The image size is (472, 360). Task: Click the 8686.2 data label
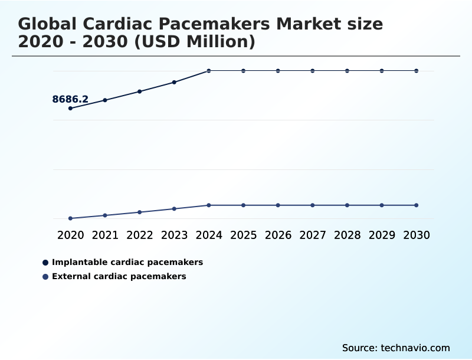point(70,99)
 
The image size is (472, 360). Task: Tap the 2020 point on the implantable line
point(70,109)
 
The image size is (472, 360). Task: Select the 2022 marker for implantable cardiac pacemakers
point(140,91)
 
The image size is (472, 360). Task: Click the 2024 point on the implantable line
point(209,71)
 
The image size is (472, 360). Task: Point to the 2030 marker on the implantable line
point(417,71)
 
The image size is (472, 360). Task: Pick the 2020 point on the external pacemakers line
point(70,218)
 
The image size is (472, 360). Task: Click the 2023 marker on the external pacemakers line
point(174,209)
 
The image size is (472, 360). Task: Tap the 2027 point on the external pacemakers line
point(313,205)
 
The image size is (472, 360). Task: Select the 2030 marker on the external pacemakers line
point(417,205)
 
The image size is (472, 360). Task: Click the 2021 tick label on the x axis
point(105,235)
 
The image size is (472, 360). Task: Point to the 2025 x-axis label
point(243,235)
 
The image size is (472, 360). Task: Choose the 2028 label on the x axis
point(347,235)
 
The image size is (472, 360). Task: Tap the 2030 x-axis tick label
point(417,235)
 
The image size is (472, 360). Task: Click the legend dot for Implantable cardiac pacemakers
point(45,262)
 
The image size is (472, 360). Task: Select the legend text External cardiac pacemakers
point(119,276)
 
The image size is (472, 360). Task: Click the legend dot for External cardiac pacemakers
point(45,276)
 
